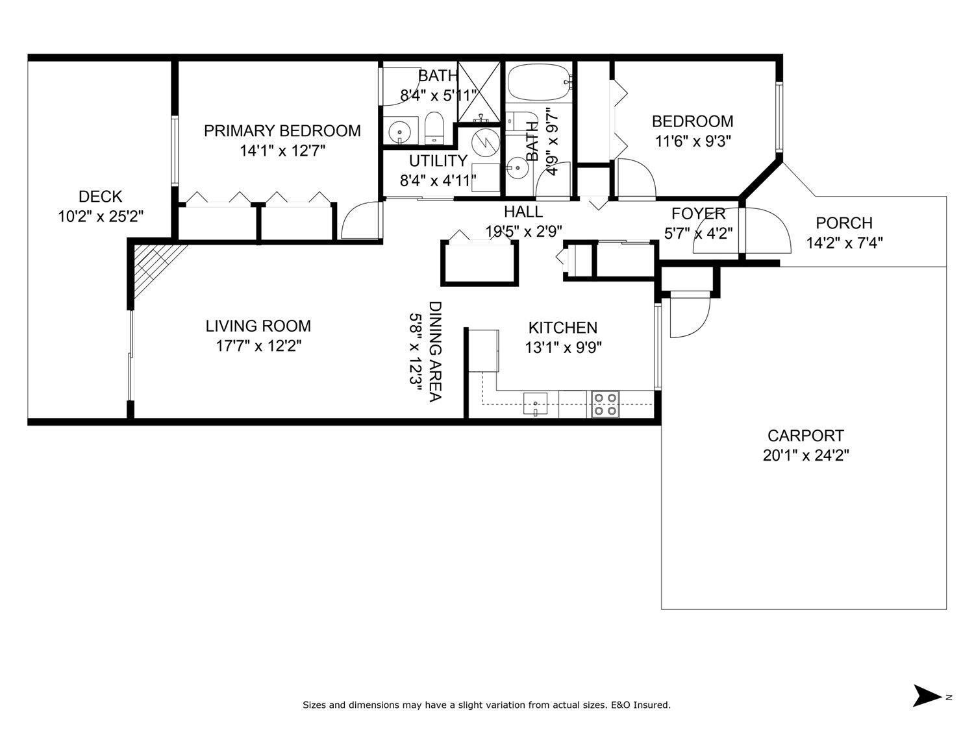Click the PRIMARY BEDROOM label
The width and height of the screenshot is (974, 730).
tap(282, 131)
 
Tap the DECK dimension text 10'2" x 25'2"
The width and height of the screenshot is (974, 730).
tap(101, 217)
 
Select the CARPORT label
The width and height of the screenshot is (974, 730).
tap(805, 435)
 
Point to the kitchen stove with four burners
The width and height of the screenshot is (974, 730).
tap(605, 404)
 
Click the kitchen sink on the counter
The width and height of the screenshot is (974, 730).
tap(535, 404)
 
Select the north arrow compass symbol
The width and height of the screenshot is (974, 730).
tap(927, 696)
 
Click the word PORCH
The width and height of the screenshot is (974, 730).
tap(843, 223)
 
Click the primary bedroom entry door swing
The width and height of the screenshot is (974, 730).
tap(358, 223)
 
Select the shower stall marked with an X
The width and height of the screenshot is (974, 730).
tap(479, 91)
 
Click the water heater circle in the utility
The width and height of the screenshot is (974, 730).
tap(484, 141)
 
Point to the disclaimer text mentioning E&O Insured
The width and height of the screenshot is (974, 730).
tap(486, 705)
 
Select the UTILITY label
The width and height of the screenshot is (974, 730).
tap(438, 161)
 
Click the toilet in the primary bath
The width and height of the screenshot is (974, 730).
tap(433, 128)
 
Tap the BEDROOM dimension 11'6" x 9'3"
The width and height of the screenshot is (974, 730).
tap(692, 141)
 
